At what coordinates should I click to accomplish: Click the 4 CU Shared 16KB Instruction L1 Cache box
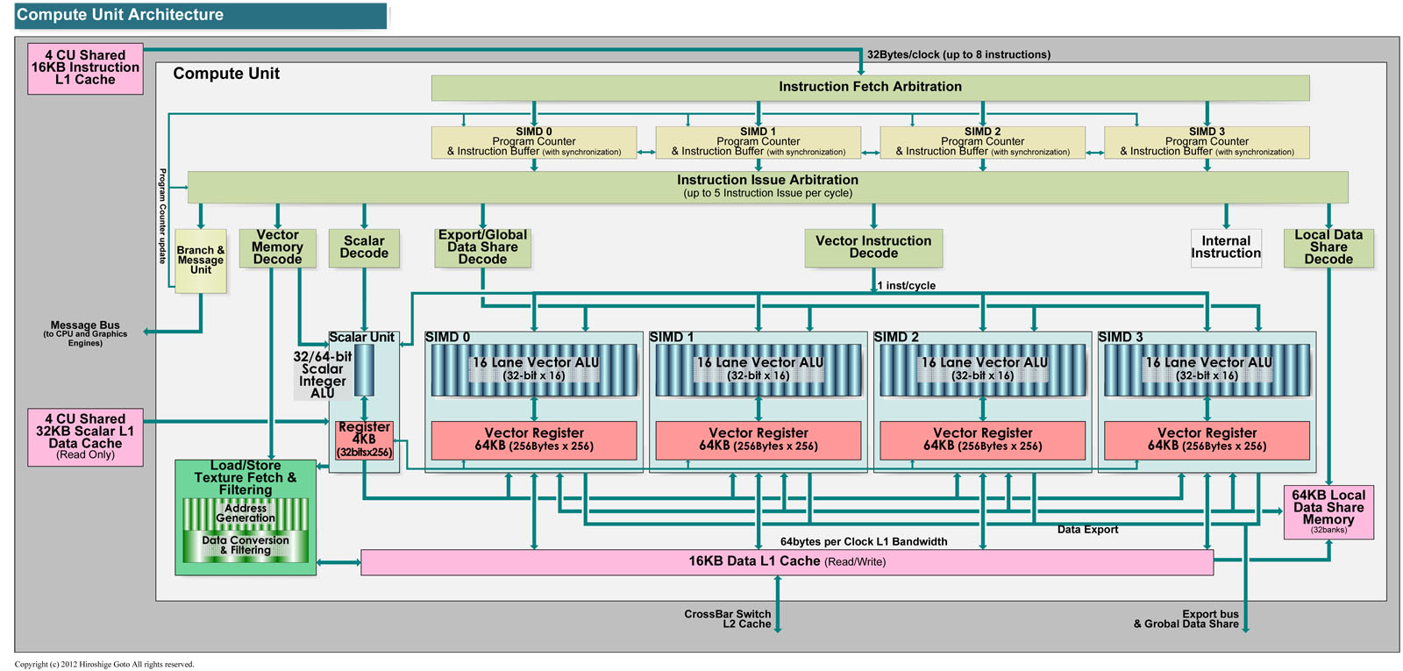click(85, 68)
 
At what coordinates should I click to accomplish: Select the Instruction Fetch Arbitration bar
click(870, 87)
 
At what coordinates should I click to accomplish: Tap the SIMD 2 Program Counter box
click(982, 142)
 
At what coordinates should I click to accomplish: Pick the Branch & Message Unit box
click(201, 261)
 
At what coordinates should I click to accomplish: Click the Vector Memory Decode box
click(277, 247)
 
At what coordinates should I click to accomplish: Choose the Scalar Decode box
click(364, 247)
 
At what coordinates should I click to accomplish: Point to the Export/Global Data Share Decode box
click(482, 247)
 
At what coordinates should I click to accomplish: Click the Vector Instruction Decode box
click(873, 247)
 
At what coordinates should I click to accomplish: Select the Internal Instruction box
click(1226, 247)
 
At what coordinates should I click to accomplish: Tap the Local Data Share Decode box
click(1328, 247)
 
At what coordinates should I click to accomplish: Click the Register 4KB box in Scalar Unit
click(364, 439)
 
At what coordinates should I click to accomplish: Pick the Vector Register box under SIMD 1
click(758, 439)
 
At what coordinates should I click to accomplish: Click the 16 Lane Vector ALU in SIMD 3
click(1207, 369)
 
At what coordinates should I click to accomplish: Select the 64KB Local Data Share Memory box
click(1328, 512)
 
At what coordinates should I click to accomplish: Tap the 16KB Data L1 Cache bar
click(787, 562)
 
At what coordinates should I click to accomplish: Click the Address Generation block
click(246, 513)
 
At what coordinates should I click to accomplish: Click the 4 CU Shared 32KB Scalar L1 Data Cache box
click(85, 436)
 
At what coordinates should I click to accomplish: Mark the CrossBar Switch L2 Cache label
click(728, 619)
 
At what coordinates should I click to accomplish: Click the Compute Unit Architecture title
click(120, 15)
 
